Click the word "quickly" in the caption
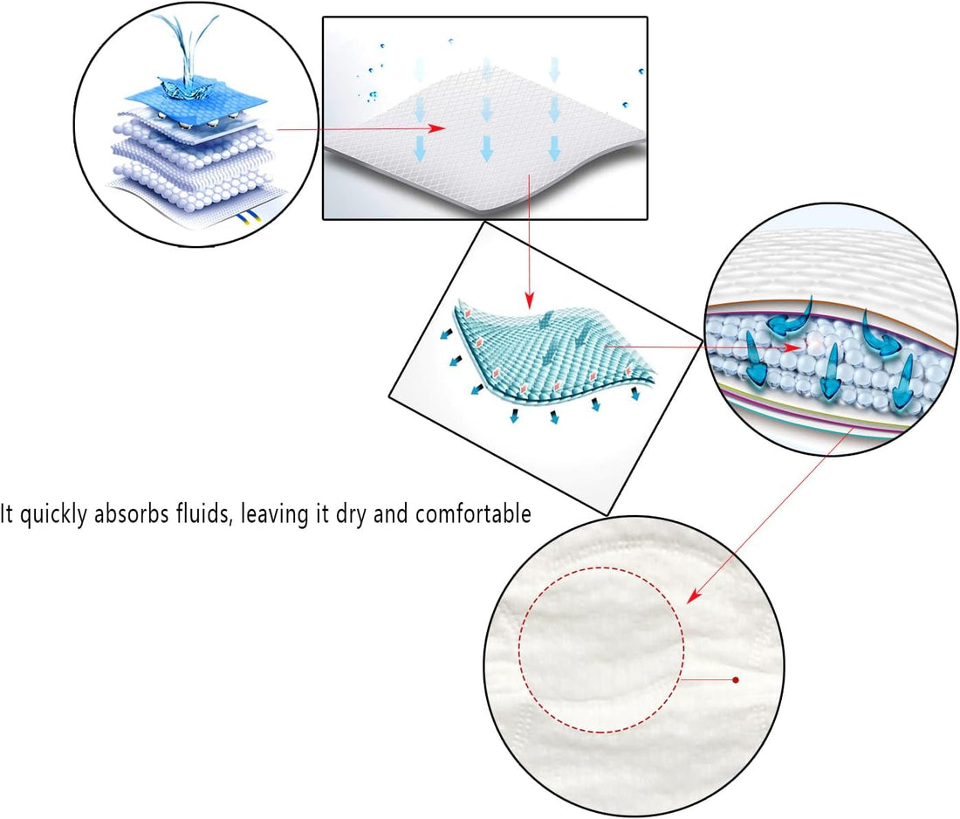[x=53, y=514]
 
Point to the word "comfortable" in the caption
[x=473, y=513]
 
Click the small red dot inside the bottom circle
[x=736, y=680]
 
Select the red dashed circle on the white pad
[x=519, y=650]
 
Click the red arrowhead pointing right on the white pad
[x=436, y=128]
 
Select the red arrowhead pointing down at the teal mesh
[x=530, y=300]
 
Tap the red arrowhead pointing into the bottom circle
[x=694, y=595]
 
